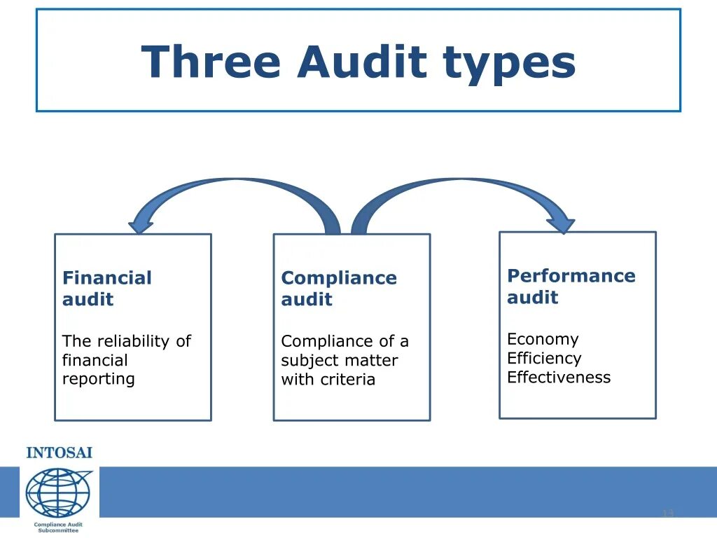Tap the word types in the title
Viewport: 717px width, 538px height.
[509, 63]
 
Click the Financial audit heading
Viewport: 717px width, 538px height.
[106, 289]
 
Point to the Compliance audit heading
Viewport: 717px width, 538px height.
[338, 289]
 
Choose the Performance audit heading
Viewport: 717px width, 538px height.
[571, 286]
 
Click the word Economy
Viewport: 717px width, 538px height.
[543, 339]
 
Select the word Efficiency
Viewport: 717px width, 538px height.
[544, 358]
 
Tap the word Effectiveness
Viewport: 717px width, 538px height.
[558, 377]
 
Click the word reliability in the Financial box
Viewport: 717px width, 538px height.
[132, 341]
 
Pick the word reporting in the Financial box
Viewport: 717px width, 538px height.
[98, 379]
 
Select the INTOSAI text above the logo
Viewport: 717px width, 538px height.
[59, 453]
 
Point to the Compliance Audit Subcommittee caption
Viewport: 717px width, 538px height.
[58, 527]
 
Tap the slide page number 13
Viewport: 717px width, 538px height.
[667, 514]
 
